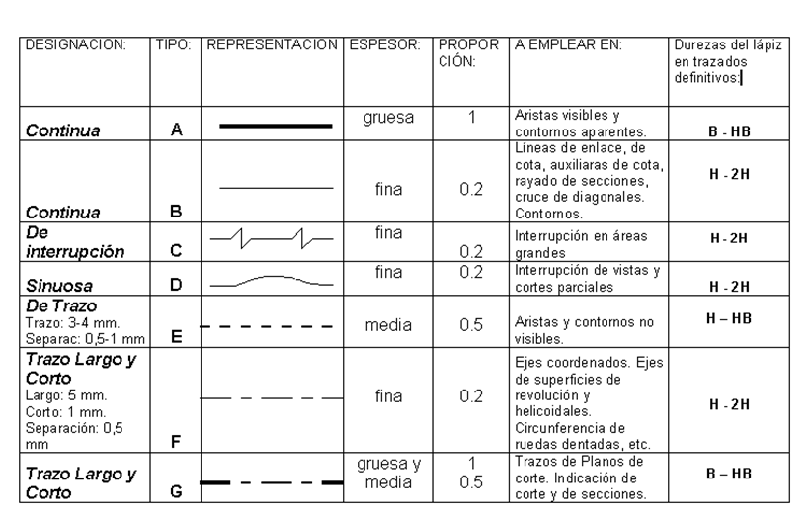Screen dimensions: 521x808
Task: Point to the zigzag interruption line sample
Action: coord(272,239)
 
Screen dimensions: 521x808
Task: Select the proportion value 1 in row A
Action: coord(472,116)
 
